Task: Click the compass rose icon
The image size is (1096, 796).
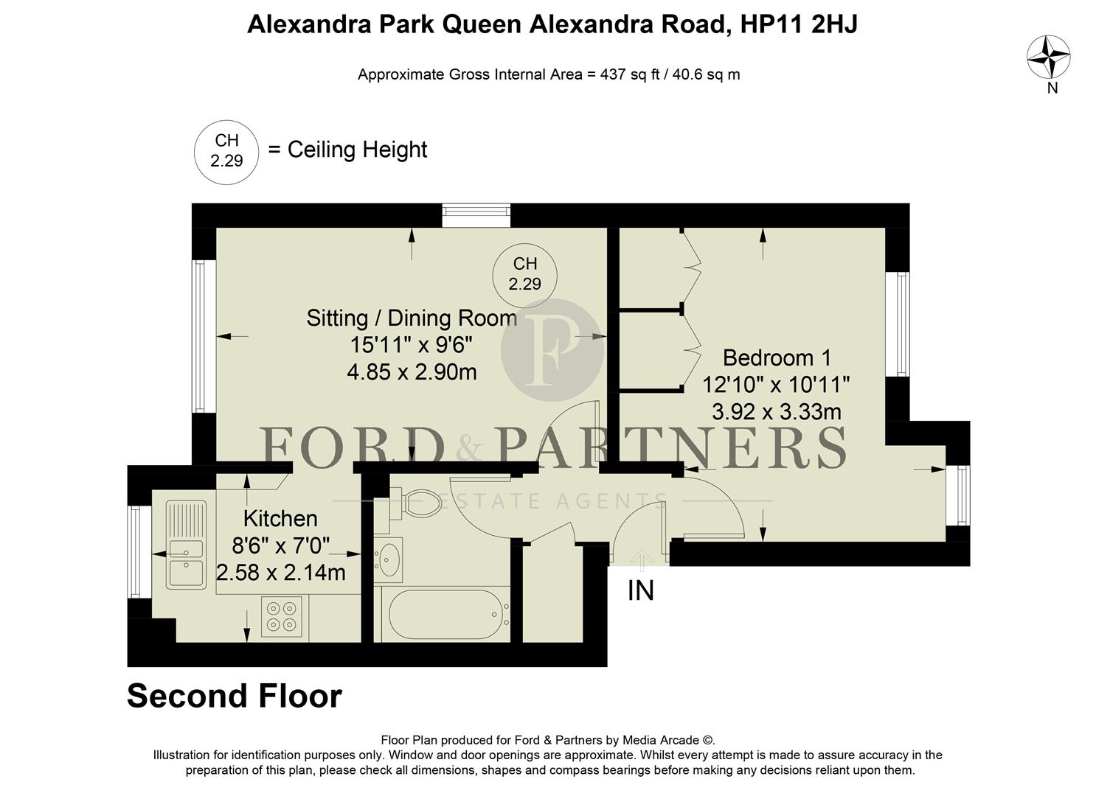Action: click(1049, 57)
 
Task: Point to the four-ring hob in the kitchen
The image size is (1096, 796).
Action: click(284, 616)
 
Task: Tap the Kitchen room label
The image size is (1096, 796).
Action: click(280, 518)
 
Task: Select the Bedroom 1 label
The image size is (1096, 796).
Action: click(777, 358)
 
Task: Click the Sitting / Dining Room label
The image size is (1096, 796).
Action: click(411, 318)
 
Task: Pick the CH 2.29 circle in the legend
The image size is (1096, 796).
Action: click(226, 151)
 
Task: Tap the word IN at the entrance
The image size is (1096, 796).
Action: click(640, 591)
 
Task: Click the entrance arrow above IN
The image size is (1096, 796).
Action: click(641, 559)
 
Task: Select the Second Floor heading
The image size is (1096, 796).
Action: click(235, 696)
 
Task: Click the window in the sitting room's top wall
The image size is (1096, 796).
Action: click(476, 215)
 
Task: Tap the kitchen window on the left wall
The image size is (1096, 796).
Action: click(134, 552)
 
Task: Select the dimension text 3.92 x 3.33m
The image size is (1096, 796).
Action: click(776, 411)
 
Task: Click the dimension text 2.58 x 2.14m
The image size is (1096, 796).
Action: click(281, 573)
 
